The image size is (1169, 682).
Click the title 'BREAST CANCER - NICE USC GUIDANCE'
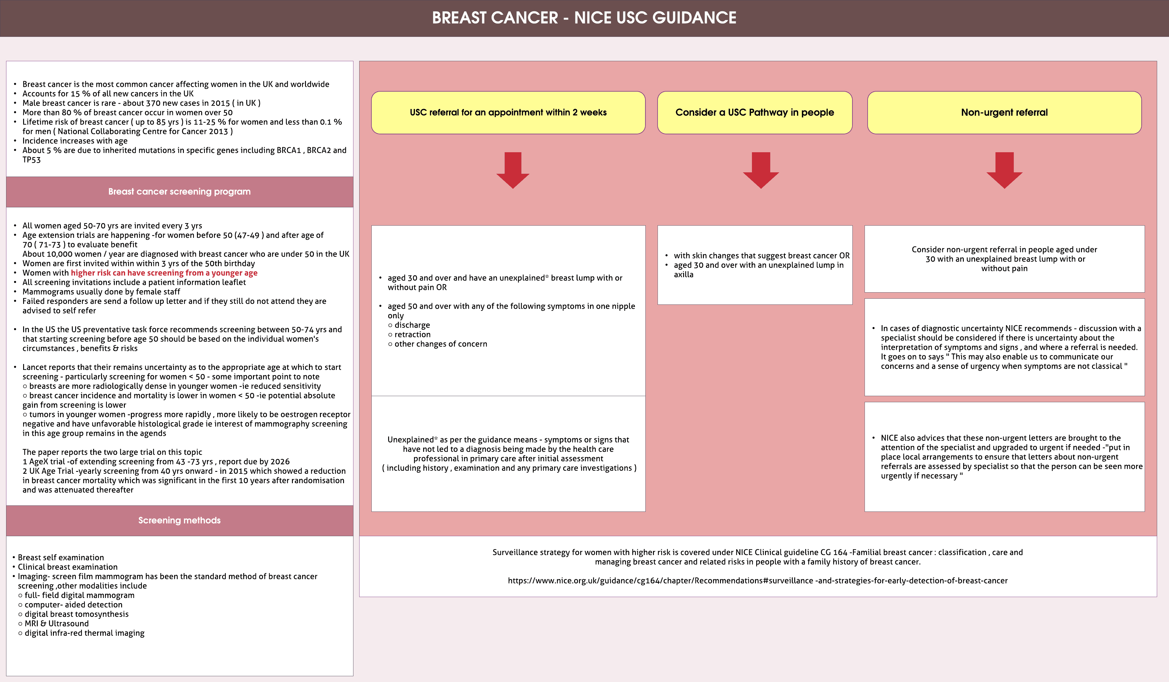(x=584, y=18)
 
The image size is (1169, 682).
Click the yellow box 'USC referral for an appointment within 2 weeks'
(x=508, y=112)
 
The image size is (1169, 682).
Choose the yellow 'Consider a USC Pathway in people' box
(x=754, y=112)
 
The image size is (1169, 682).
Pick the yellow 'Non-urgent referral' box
(x=1004, y=112)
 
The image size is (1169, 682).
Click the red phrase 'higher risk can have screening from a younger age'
(x=164, y=273)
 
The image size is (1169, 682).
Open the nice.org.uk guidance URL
(x=757, y=580)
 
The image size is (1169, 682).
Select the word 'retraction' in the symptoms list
(x=412, y=335)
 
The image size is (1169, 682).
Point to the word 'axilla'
(x=683, y=275)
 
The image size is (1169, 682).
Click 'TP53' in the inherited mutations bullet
(x=32, y=160)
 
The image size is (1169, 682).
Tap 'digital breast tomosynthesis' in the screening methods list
(x=76, y=614)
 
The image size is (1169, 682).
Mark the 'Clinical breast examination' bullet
(x=68, y=567)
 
